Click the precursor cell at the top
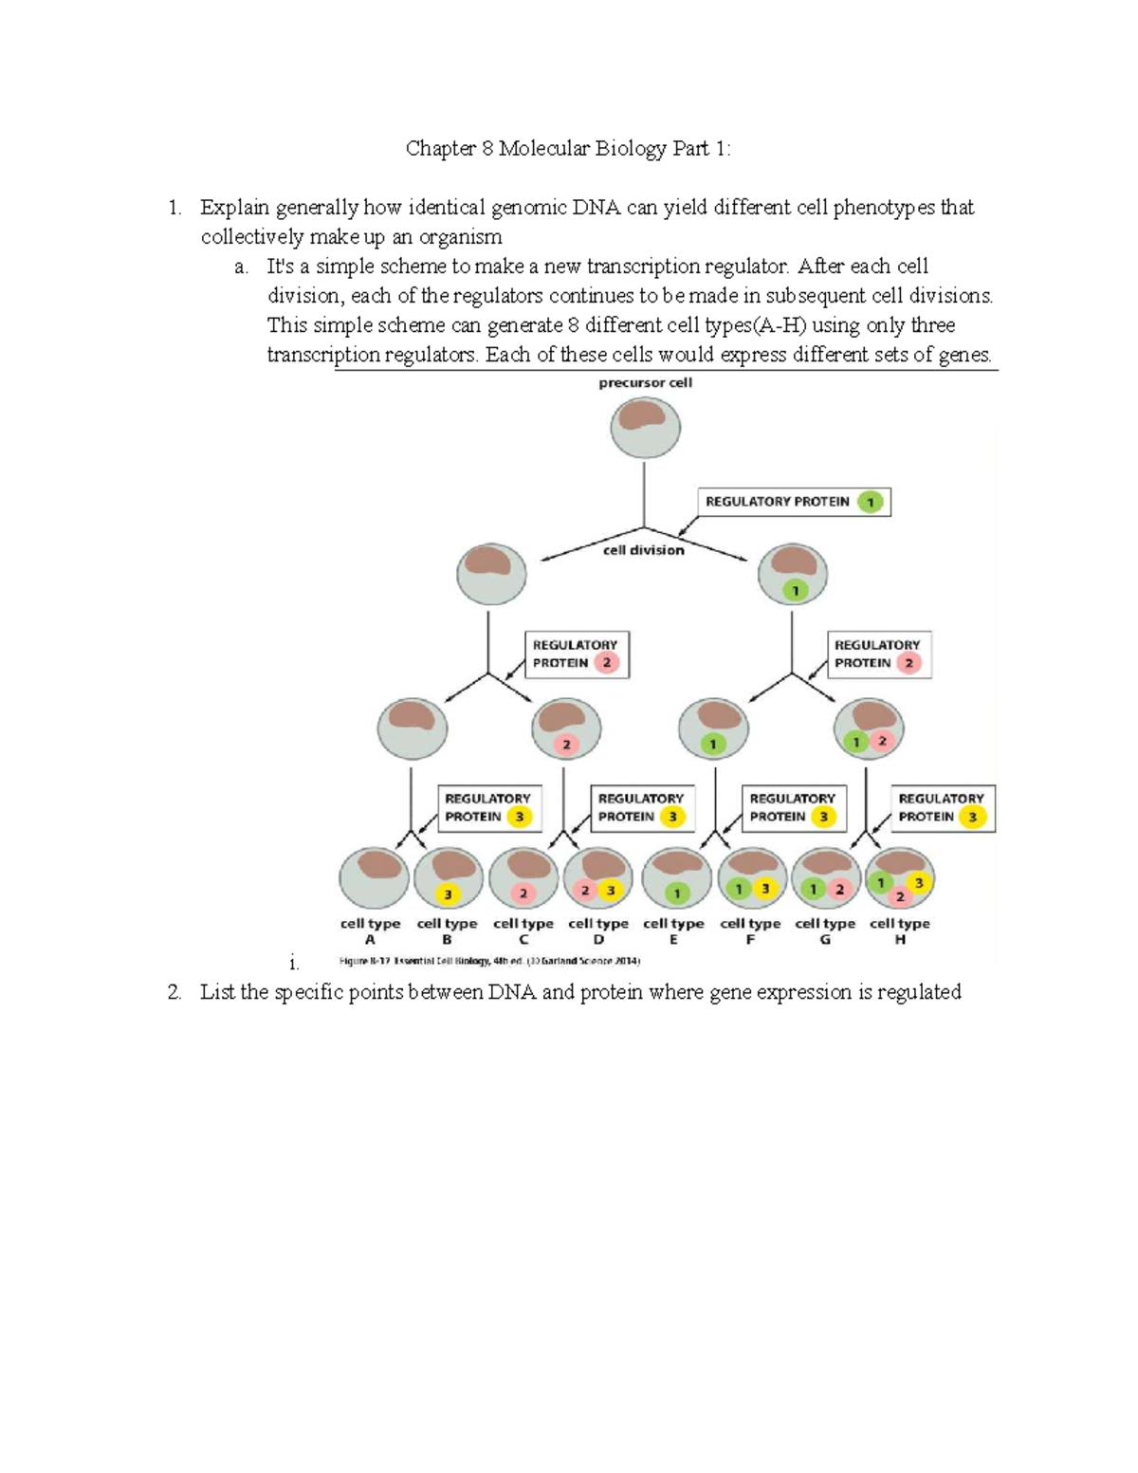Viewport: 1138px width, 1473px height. coord(645,427)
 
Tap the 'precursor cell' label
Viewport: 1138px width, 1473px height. coord(645,383)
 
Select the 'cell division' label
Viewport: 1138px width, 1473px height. coord(644,550)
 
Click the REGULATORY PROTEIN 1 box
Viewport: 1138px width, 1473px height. coord(794,502)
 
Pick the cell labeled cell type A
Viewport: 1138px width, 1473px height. coord(374,878)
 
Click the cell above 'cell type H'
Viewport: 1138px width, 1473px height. coord(900,879)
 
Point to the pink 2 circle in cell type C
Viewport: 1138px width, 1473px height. coord(523,893)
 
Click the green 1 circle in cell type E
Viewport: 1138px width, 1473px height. coord(676,893)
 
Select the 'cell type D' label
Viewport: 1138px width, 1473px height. coord(598,930)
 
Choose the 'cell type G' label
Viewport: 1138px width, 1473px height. coord(825,930)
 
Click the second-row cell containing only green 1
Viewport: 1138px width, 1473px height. coord(793,575)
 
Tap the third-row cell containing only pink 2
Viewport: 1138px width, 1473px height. coord(566,729)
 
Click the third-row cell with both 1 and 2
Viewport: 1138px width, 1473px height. coord(869,729)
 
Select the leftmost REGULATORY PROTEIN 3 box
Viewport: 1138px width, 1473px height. coord(488,808)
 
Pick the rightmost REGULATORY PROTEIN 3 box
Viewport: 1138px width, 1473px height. coord(942,808)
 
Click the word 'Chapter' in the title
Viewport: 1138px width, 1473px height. coord(439,149)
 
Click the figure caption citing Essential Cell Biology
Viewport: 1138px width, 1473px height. coord(489,961)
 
